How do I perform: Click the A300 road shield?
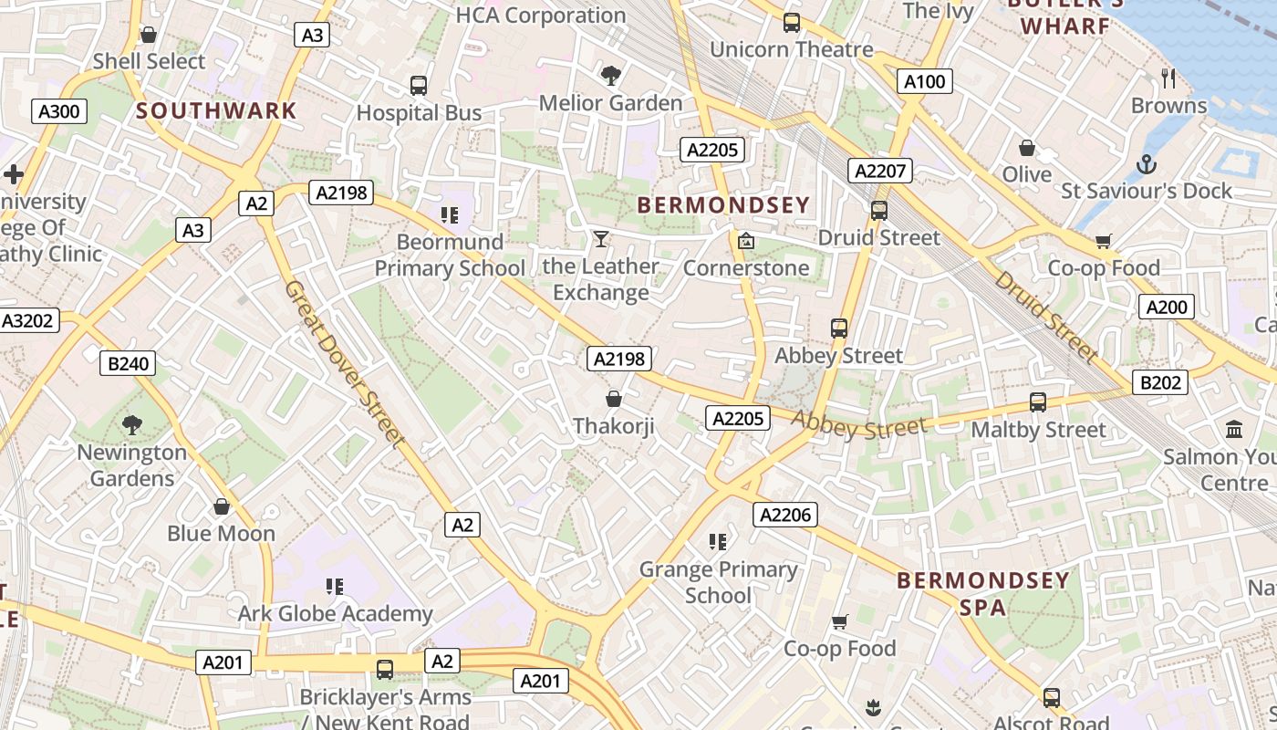(x=60, y=112)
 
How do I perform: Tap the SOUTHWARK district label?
(x=216, y=111)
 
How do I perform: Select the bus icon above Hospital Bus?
(x=419, y=86)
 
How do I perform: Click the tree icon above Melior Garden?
(x=610, y=75)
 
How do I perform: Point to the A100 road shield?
(x=924, y=82)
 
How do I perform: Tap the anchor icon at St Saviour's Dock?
(x=1147, y=164)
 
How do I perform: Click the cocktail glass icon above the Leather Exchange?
(x=600, y=239)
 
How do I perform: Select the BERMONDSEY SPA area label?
(x=982, y=593)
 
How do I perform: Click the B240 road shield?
(x=128, y=363)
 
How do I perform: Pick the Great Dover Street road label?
(x=344, y=363)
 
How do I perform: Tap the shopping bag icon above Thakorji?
(x=614, y=399)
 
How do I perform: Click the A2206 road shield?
(x=785, y=515)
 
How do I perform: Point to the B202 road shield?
(x=1160, y=382)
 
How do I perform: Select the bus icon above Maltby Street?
(x=1037, y=401)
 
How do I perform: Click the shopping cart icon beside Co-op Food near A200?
(x=1104, y=241)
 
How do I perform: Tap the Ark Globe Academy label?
(x=335, y=614)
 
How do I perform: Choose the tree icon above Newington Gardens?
(x=132, y=424)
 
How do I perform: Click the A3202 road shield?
(x=29, y=320)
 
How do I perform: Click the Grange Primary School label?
(x=718, y=582)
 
